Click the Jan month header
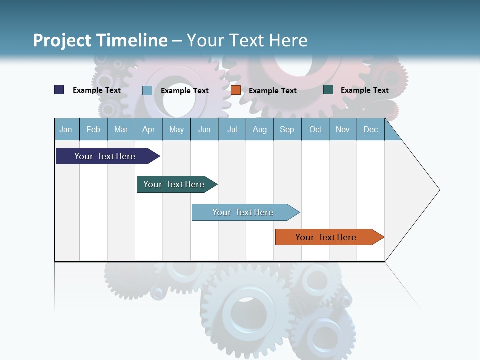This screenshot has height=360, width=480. [x=66, y=129]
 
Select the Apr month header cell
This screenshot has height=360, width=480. [x=149, y=129]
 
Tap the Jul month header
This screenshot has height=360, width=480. [x=232, y=129]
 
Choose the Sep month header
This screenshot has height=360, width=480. [x=287, y=129]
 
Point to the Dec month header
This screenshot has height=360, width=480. [x=370, y=129]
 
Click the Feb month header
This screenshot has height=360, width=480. [x=93, y=129]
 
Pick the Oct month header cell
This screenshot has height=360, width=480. [x=315, y=129]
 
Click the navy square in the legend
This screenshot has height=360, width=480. [x=59, y=90]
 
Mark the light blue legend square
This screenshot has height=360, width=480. [x=147, y=90]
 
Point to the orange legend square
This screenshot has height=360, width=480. [x=236, y=90]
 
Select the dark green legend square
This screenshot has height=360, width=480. [x=328, y=90]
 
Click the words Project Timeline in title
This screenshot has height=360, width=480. [x=100, y=40]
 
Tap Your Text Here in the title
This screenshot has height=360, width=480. [x=247, y=40]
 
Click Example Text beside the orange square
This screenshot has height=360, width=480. [x=272, y=90]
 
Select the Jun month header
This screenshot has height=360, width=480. [x=204, y=129]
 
